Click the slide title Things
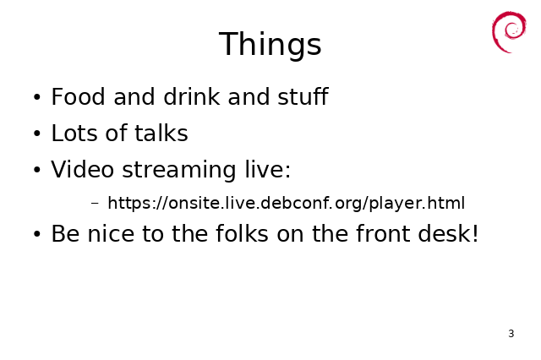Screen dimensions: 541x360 [270, 44]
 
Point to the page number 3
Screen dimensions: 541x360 [511, 334]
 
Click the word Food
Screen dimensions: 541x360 [78, 96]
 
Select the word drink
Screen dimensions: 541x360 [192, 96]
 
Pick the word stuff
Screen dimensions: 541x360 [303, 96]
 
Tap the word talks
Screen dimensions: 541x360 [161, 133]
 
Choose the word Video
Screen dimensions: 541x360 [83, 169]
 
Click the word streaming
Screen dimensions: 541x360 [179, 171]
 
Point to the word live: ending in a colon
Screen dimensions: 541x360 [268, 169]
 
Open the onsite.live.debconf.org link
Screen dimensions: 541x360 [286, 203]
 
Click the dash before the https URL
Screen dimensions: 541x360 [95, 203]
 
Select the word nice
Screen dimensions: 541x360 [111, 234]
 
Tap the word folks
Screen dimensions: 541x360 [242, 233]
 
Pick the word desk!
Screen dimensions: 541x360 [448, 233]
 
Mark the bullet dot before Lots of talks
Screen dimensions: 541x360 [37, 134]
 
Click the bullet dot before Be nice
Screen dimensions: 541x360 [37, 234]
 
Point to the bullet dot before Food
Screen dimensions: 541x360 [37, 97]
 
